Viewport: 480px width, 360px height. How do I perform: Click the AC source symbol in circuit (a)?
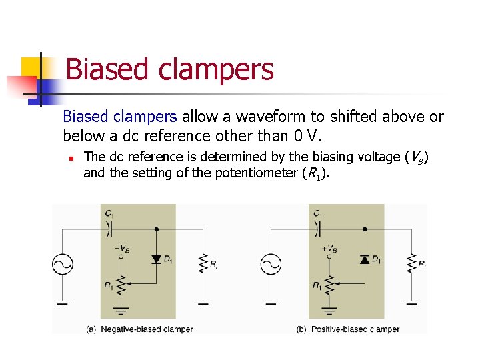click(63, 265)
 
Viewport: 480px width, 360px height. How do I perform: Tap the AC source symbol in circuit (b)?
click(271, 265)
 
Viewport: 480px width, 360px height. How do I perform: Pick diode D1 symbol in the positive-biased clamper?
click(364, 259)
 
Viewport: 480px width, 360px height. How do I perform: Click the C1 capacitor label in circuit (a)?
click(109, 213)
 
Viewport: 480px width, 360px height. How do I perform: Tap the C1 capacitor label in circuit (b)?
click(317, 213)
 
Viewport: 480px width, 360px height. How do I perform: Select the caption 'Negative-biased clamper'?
click(147, 329)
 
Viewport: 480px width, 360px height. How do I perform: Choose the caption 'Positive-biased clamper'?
click(355, 329)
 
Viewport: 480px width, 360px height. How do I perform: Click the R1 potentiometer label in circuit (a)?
click(108, 285)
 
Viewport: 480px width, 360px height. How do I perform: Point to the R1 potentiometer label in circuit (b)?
click(317, 285)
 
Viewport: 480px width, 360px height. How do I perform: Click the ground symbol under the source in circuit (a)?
click(63, 305)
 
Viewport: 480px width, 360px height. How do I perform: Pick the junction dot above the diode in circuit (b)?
click(364, 229)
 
